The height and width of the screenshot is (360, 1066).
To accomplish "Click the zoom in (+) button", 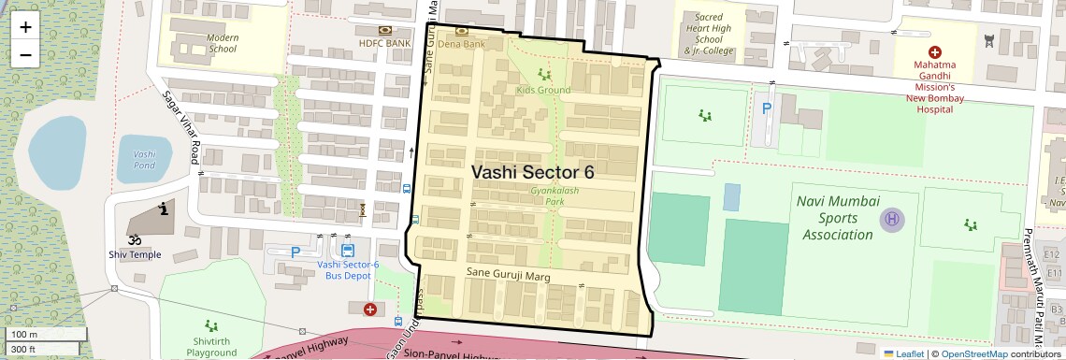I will pyautogui.click(x=25, y=27).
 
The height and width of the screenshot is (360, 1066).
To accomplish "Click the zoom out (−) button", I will pyautogui.click(x=25, y=55).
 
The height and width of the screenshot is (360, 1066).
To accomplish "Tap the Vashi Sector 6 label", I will pyautogui.click(x=533, y=172).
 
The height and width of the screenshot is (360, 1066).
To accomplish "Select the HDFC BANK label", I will pyautogui.click(x=384, y=43).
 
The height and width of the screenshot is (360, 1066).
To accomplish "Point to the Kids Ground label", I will pyautogui.click(x=543, y=90).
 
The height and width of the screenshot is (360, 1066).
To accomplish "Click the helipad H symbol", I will pyautogui.click(x=891, y=220).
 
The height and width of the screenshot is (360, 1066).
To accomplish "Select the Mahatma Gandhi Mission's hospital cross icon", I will pyautogui.click(x=932, y=53).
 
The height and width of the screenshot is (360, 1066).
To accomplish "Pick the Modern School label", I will pyautogui.click(x=223, y=43).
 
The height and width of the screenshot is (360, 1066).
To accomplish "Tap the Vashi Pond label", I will pyautogui.click(x=145, y=158).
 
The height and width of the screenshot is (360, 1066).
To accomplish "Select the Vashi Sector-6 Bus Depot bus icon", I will pyautogui.click(x=348, y=250).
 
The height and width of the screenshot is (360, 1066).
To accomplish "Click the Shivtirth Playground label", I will pyautogui.click(x=211, y=347).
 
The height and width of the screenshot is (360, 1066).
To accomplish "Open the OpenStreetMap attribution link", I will pyautogui.click(x=974, y=353).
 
